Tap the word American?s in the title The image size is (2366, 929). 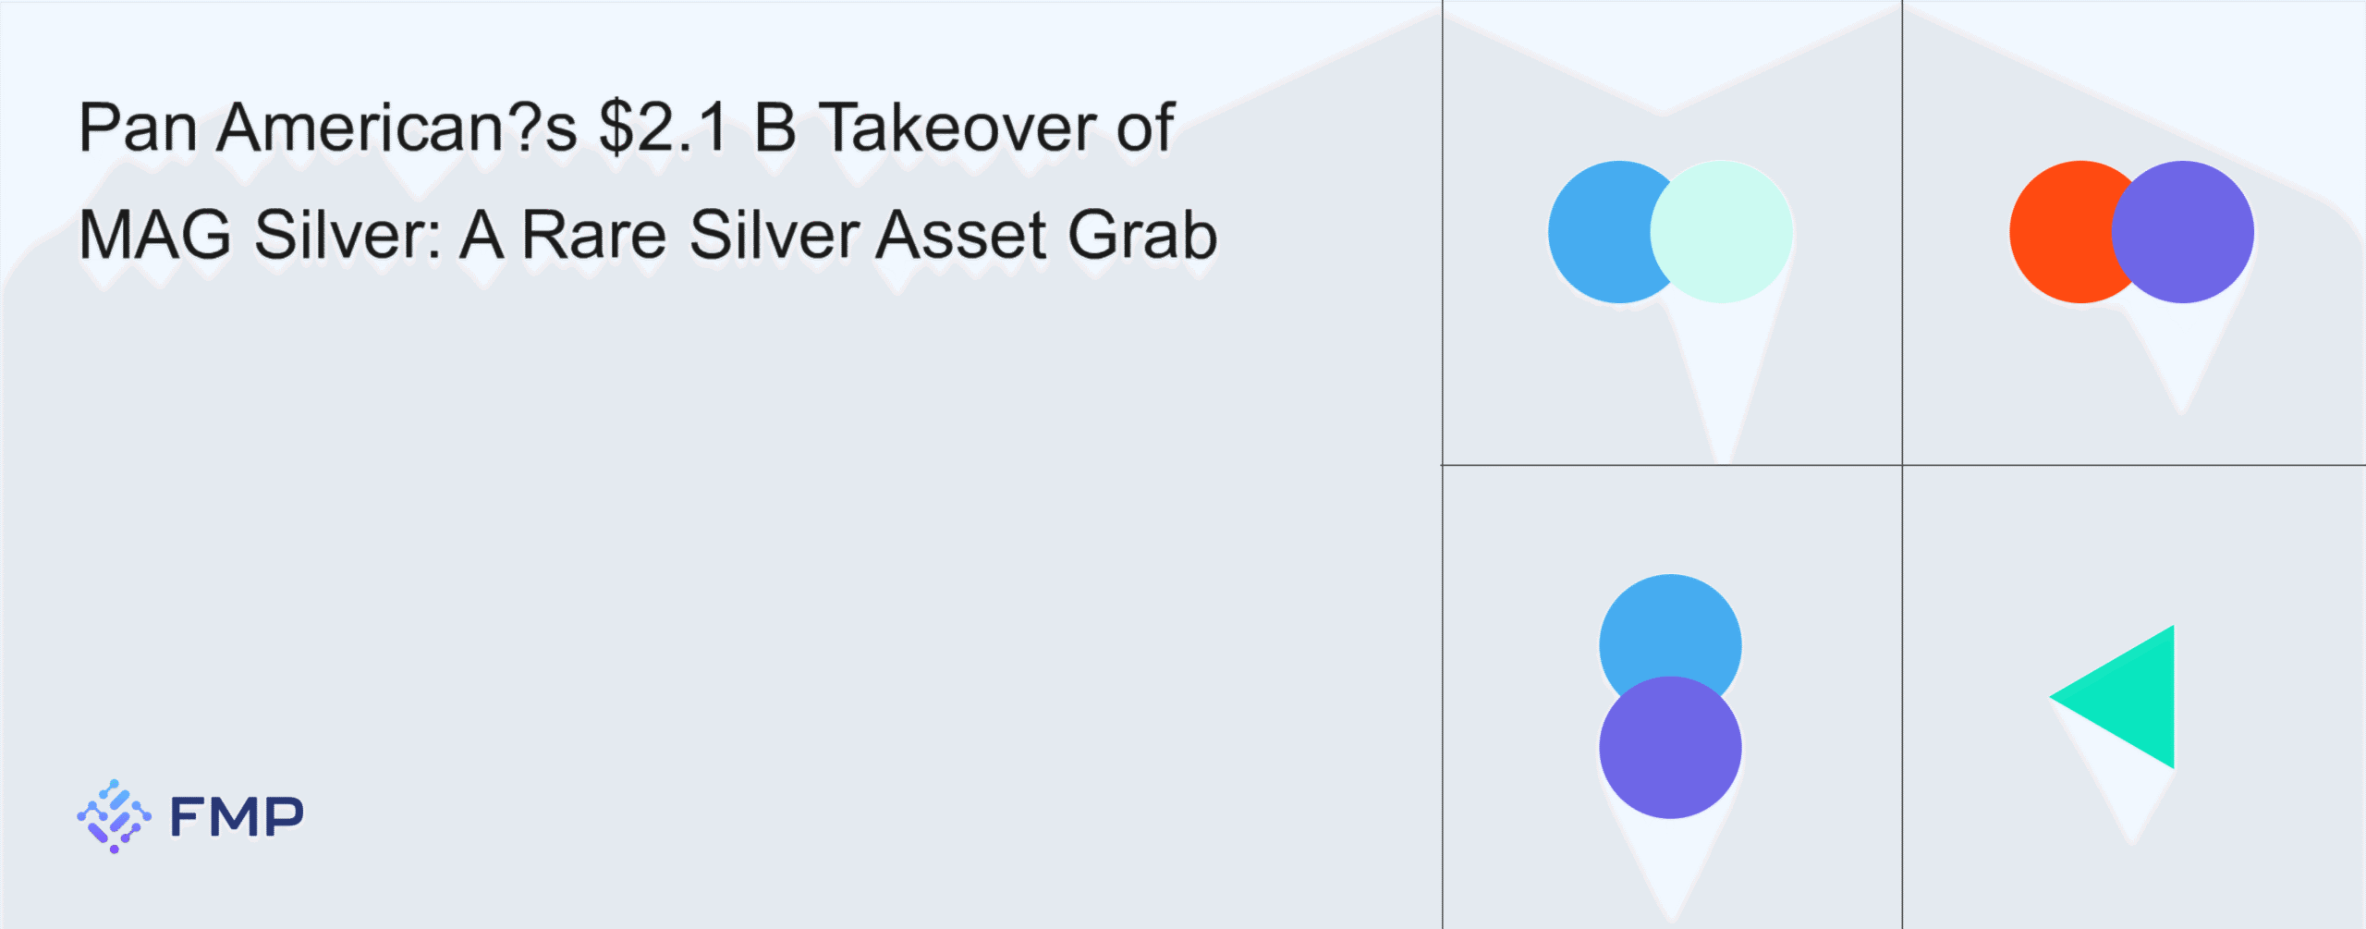397,128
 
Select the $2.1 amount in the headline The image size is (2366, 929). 664,128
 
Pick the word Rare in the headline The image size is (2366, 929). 594,235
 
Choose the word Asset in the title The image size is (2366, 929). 961,235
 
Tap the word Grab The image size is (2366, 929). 1143,235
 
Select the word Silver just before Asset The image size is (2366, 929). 773,235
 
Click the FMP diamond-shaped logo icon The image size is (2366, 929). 114,816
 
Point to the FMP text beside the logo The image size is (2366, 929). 237,817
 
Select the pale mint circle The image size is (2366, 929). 1721,232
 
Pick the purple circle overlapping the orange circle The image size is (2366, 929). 2183,232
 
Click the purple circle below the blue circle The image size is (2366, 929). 1670,748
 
